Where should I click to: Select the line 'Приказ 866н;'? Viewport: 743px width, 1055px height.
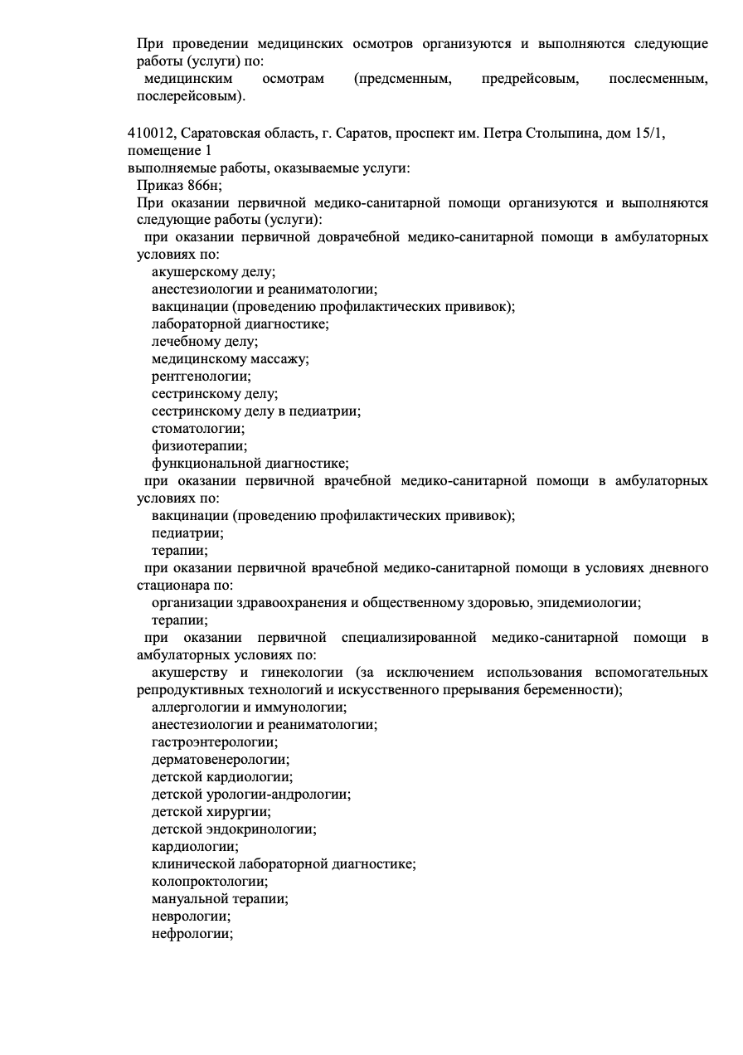(180, 185)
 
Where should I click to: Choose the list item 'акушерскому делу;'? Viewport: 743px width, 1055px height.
(213, 272)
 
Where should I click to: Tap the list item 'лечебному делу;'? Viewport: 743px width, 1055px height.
(205, 341)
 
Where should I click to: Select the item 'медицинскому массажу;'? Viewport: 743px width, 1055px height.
(230, 359)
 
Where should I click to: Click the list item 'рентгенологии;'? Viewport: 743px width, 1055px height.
(201, 377)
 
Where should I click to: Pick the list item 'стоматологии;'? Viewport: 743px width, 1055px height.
(198, 429)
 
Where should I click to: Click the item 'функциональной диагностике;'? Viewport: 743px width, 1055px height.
(250, 464)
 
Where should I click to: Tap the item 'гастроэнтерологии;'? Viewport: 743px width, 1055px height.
(215, 742)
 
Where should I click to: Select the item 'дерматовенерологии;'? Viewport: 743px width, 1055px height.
(221, 760)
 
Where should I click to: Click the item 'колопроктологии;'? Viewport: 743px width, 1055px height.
(210, 882)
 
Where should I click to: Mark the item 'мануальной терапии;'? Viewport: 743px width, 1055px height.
(220, 899)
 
